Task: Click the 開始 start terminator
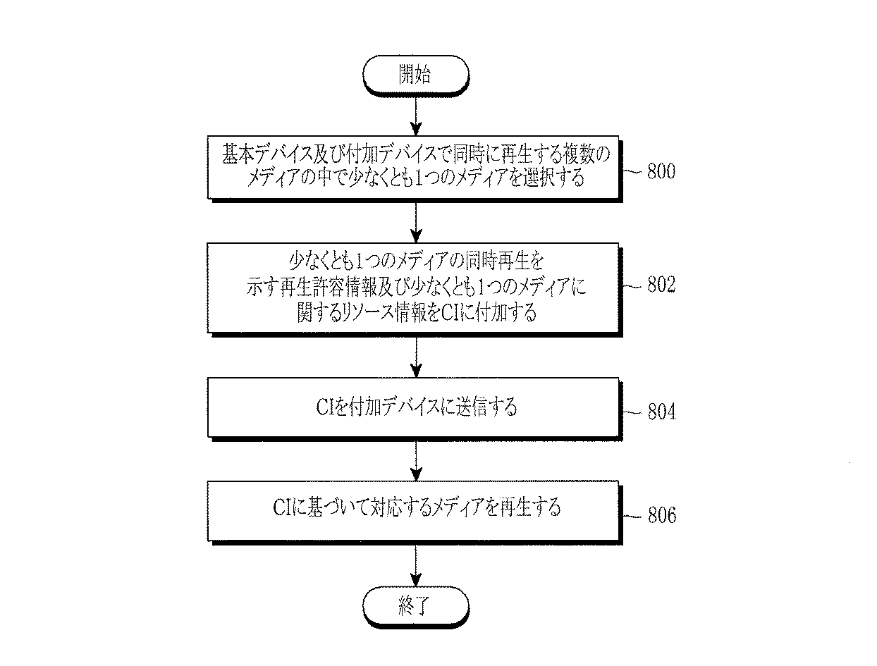click(x=415, y=75)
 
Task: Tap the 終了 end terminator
click(x=415, y=606)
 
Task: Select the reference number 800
click(x=661, y=171)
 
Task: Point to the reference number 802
click(x=661, y=285)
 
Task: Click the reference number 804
click(x=662, y=412)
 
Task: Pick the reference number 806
click(x=662, y=514)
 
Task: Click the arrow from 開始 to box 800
click(x=416, y=116)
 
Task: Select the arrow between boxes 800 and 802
click(x=416, y=223)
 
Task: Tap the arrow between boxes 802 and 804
click(x=416, y=357)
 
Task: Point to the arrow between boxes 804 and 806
click(x=416, y=461)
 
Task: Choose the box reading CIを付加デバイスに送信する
click(x=415, y=409)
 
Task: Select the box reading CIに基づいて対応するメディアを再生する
click(x=415, y=512)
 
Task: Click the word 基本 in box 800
click(x=238, y=154)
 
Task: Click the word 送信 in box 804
click(x=472, y=407)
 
